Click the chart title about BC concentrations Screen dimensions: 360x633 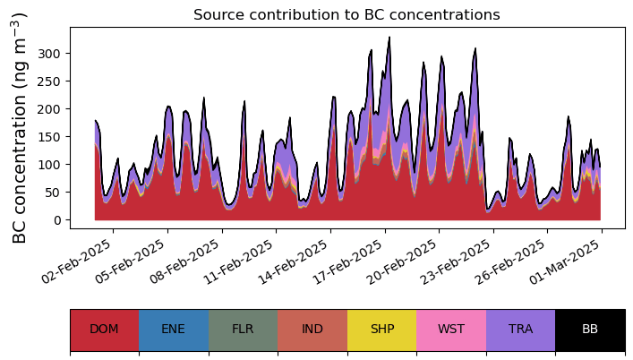pos(346,14)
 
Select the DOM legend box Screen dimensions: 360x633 pos(104,330)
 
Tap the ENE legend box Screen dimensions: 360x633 pos(174,330)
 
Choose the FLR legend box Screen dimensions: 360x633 pos(243,330)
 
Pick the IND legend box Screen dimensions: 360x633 pos(312,330)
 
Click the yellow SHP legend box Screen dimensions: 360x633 pos(381,330)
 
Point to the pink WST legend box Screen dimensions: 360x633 pos(451,330)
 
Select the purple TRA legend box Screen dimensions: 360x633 pos(520,330)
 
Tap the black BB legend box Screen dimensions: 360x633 pos(590,330)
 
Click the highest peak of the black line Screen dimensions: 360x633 pos(389,38)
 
